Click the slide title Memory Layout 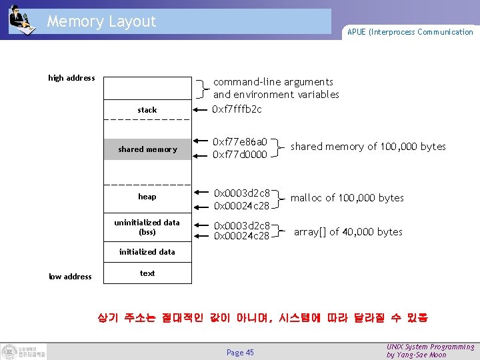101,21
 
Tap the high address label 71,78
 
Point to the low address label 70,276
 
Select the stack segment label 147,109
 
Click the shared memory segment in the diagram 147,149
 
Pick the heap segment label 147,197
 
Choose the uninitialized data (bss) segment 147,227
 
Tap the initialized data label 147,251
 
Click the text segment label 147,273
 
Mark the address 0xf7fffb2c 237,109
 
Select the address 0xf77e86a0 239,142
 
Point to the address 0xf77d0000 239,155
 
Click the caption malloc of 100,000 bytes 347,197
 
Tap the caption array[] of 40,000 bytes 348,231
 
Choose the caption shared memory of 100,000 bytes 368,146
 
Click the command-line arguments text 273,82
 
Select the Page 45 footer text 240,352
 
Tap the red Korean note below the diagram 263,318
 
